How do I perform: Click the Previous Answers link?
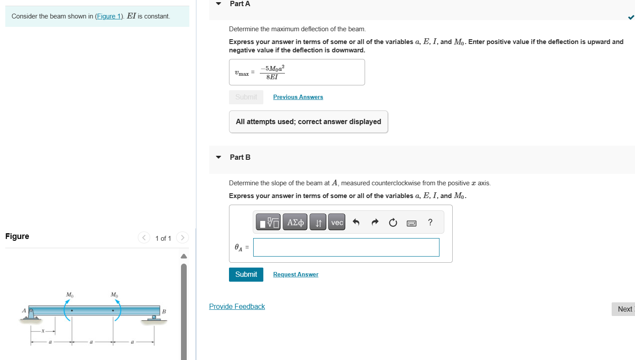tap(298, 97)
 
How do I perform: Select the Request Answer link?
tap(295, 274)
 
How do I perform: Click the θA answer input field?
tap(346, 247)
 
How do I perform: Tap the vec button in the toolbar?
tap(337, 223)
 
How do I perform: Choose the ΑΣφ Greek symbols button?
tap(295, 223)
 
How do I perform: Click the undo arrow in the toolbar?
tap(356, 223)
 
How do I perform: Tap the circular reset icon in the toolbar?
tap(393, 223)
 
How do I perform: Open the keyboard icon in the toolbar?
tap(411, 223)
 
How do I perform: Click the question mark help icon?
tap(430, 223)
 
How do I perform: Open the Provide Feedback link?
tap(237, 306)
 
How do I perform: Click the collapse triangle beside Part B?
tap(218, 157)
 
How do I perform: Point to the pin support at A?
tap(31, 313)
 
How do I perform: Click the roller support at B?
tap(154, 318)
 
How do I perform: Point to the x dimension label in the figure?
tap(43, 331)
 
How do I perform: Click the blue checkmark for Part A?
tap(631, 18)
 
